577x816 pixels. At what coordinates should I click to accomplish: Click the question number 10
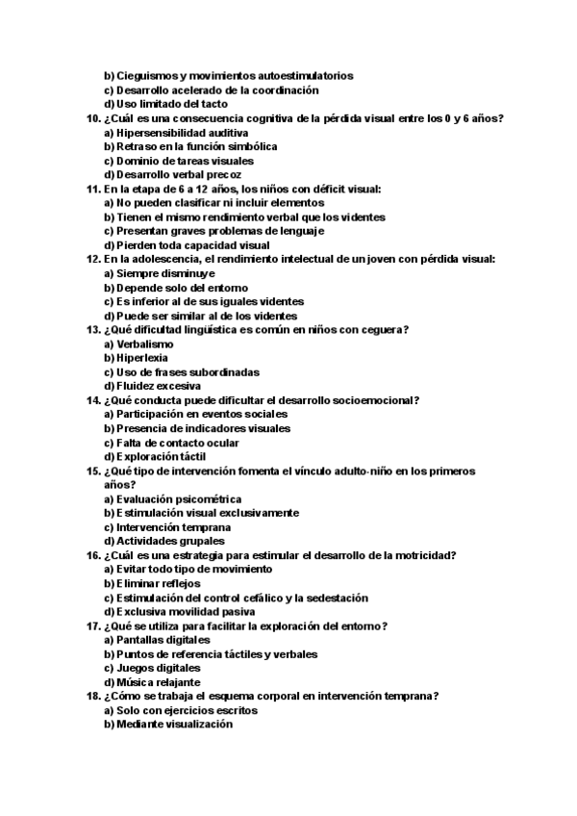point(92,118)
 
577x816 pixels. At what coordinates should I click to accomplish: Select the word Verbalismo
point(145,344)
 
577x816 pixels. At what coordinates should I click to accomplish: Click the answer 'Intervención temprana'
point(167,527)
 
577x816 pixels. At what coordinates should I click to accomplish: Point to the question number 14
point(92,400)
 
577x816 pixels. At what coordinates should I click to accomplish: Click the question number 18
point(92,696)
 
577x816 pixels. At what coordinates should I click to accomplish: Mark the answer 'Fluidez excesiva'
point(152,386)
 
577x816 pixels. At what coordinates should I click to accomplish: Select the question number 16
point(92,555)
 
